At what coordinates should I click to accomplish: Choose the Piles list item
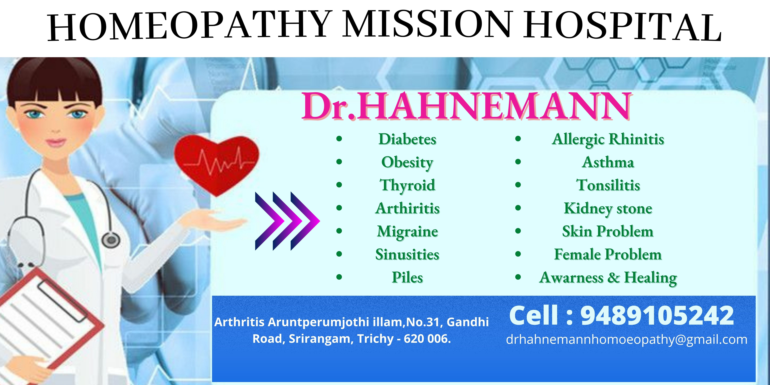click(407, 277)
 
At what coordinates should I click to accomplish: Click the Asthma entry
click(608, 162)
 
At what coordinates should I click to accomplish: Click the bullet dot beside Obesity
click(339, 162)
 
